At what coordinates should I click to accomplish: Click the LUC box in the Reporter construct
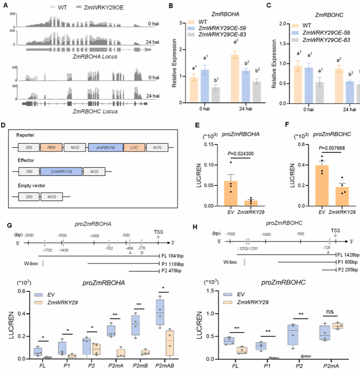[136, 147]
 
